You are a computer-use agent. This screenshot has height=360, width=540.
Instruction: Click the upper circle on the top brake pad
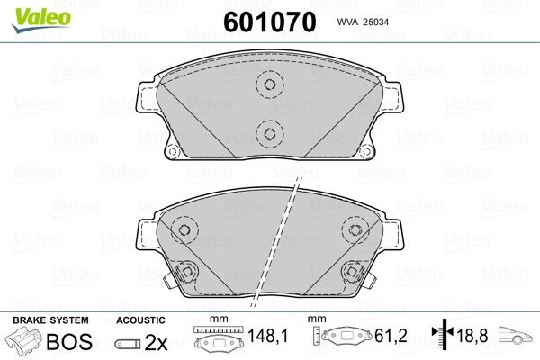pos(268,85)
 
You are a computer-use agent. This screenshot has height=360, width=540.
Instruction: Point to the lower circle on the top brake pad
pos(268,134)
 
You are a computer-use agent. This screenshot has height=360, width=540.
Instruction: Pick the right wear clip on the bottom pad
pos(352,271)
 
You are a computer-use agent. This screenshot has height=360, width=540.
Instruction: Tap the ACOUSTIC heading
pos(140,319)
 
